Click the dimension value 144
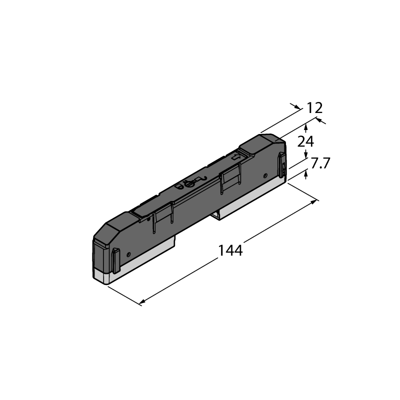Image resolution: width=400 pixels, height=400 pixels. [230, 250]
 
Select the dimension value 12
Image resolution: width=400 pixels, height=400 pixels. [314, 108]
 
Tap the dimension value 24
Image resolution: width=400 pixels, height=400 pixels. [305, 141]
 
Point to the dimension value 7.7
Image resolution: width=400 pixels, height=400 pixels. [320, 163]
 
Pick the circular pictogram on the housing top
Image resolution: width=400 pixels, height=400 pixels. [189, 183]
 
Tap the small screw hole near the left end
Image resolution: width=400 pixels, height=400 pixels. [128, 254]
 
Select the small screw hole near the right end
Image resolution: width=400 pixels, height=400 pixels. [265, 175]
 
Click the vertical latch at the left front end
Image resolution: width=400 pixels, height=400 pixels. [116, 260]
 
